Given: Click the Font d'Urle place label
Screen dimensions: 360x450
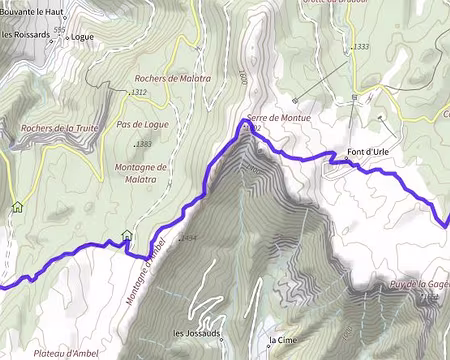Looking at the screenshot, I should [x=368, y=152].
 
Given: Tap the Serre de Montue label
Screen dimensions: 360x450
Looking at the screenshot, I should [x=279, y=118].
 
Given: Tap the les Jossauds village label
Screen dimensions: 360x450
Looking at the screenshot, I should [x=198, y=333].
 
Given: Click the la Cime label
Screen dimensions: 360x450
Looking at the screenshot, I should [x=283, y=340].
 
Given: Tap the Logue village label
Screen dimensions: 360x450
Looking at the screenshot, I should [x=83, y=37].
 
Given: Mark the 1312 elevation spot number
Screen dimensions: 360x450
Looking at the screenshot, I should [x=139, y=93].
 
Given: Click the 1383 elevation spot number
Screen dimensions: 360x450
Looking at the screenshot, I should [x=143, y=144].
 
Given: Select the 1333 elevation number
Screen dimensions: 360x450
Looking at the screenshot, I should [x=361, y=47].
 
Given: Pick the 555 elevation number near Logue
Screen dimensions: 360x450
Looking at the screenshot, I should [x=59, y=30].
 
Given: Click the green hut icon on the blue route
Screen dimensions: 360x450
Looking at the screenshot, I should [x=126, y=236].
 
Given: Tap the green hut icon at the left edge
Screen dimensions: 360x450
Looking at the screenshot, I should [x=17, y=207].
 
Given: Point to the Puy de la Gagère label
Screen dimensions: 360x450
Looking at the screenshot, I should [x=420, y=284].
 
